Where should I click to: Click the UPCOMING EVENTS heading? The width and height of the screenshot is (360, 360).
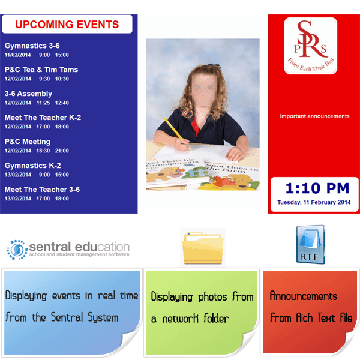pyautogui.click(x=67, y=25)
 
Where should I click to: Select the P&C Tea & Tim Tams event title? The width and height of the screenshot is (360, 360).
pyautogui.click(x=41, y=70)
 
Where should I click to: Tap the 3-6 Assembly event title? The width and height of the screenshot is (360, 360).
pyautogui.click(x=28, y=94)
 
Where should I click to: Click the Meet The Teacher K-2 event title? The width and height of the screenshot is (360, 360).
pyautogui.click(x=43, y=118)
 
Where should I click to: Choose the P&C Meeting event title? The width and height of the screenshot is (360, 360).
pyautogui.click(x=28, y=142)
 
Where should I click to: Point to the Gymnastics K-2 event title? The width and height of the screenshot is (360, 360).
pyautogui.click(x=32, y=166)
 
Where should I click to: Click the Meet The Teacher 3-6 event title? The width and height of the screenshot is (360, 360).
pyautogui.click(x=42, y=190)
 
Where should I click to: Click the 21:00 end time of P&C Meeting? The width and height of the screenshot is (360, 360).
pyautogui.click(x=62, y=151)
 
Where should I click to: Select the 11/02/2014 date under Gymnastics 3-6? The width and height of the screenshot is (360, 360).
pyautogui.click(x=17, y=55)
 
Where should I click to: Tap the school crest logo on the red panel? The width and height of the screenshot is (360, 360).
pyautogui.click(x=310, y=46)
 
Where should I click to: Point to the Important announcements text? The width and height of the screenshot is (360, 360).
pyautogui.click(x=314, y=116)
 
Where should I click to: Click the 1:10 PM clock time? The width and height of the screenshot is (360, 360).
pyautogui.click(x=317, y=188)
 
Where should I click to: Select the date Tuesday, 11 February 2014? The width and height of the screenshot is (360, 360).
pyautogui.click(x=314, y=202)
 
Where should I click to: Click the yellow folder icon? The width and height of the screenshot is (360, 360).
pyautogui.click(x=203, y=248)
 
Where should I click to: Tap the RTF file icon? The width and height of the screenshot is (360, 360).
pyautogui.click(x=310, y=245)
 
